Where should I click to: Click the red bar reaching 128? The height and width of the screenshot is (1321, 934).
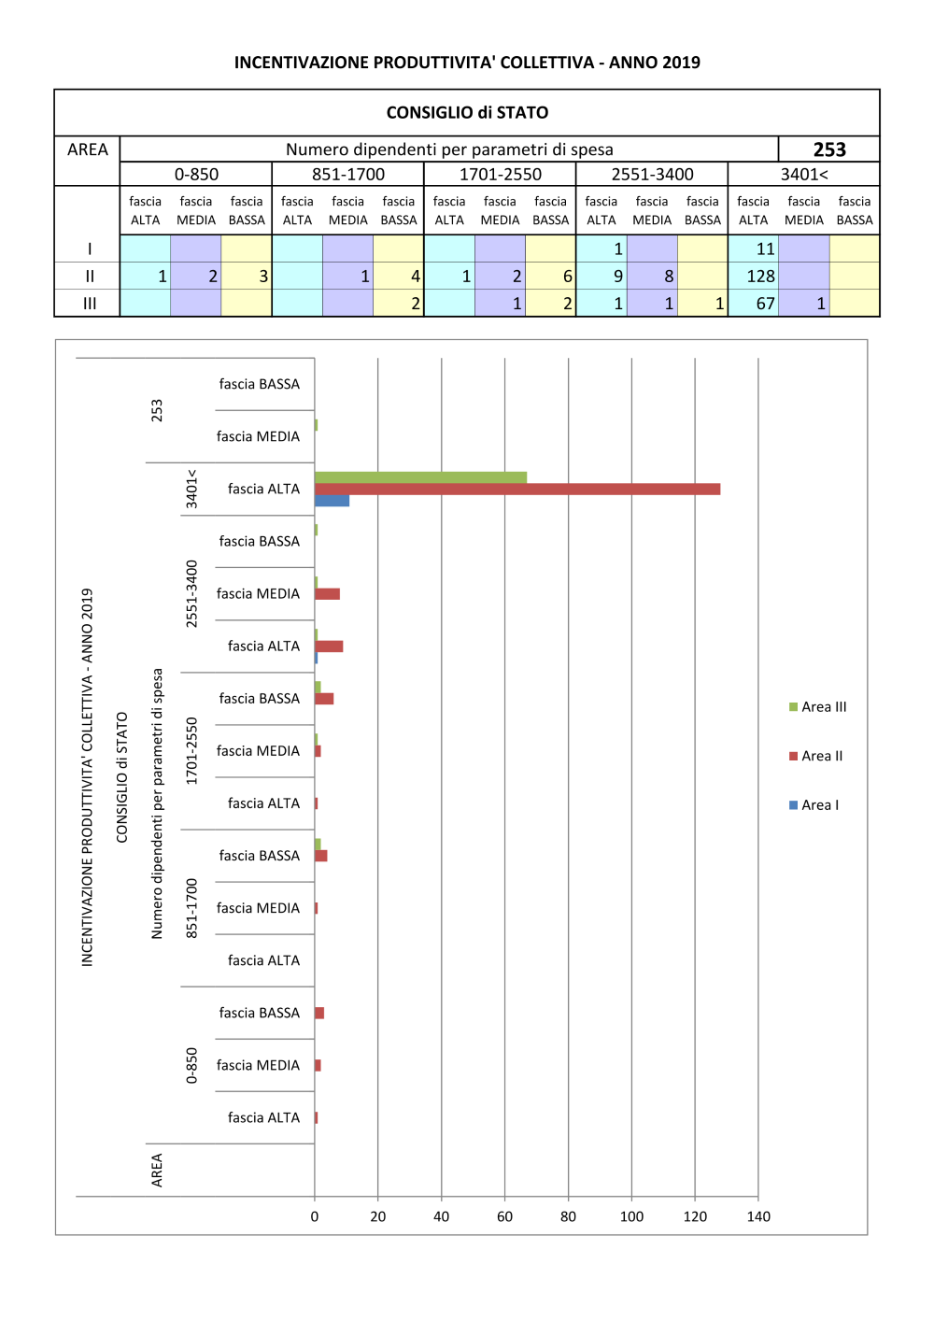coord(517,489)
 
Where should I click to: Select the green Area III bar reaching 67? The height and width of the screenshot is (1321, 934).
coord(420,477)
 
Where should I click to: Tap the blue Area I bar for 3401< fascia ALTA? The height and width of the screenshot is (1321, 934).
coord(332,501)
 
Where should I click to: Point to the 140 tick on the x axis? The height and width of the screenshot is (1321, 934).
coord(758,1216)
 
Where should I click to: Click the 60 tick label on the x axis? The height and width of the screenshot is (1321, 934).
coord(504,1216)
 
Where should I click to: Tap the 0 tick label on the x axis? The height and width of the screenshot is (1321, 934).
coord(315,1216)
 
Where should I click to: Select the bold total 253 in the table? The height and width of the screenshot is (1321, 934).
coord(829,149)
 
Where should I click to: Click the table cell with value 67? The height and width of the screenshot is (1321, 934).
coord(765,304)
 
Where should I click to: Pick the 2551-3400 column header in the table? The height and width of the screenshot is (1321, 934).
coord(652,175)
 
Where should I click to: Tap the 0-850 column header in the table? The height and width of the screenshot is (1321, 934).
coord(196,175)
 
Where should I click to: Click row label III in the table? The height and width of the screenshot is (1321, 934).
coord(90,304)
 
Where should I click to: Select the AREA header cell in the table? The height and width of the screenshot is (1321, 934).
coord(88,149)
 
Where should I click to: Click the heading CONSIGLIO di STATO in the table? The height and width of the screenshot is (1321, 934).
coord(467,113)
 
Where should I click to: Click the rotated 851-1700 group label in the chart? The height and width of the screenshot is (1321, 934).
coord(191,908)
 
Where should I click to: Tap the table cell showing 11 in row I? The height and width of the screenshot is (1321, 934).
coord(765,249)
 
